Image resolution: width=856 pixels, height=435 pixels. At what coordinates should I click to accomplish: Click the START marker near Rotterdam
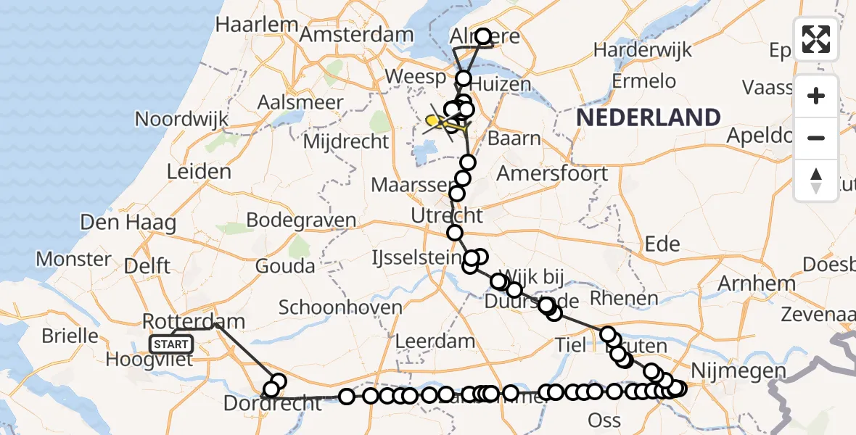(x=171, y=344)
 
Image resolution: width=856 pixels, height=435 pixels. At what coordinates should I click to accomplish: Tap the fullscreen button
(x=816, y=38)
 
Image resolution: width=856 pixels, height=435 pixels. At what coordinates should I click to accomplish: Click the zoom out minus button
(x=816, y=138)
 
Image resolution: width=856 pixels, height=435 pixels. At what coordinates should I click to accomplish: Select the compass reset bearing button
(x=816, y=180)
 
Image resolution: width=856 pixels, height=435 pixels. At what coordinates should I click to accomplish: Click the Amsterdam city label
(x=356, y=34)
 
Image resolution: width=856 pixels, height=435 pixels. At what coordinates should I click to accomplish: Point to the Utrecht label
(x=447, y=215)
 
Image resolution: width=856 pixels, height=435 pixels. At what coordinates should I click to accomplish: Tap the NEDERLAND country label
(x=649, y=117)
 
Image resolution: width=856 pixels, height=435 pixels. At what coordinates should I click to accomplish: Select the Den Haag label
(x=128, y=222)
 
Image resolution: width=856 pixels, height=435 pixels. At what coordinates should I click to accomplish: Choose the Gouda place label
(x=286, y=266)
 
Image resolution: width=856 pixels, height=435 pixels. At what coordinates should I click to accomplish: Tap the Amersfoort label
(x=553, y=174)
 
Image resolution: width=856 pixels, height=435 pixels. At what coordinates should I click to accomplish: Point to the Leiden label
(x=199, y=172)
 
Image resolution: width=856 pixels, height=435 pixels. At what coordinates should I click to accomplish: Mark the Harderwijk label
(x=642, y=51)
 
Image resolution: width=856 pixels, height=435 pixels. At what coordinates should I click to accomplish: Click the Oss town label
(x=604, y=420)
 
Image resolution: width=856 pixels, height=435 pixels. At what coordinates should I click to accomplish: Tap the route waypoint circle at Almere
(x=482, y=36)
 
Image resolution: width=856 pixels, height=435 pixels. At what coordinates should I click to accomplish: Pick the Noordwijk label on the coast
(x=181, y=119)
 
